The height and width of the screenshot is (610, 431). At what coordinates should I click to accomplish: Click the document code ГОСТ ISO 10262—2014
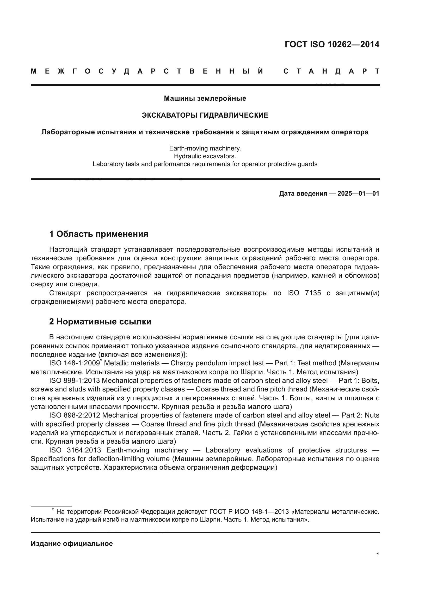[x=332, y=44]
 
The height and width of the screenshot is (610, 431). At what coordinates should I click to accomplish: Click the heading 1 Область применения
[x=98, y=234]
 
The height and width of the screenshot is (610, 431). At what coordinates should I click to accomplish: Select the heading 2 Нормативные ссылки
[x=100, y=322]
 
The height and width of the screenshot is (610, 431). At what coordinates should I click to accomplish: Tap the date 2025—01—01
[x=358, y=194]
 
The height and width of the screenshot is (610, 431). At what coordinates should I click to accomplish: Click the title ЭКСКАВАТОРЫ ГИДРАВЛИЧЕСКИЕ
[x=205, y=115]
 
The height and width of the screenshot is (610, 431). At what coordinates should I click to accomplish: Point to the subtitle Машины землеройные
[x=205, y=99]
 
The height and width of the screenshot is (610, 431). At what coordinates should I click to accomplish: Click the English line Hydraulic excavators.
[x=205, y=156]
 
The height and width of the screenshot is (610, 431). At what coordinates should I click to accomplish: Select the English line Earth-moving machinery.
[x=205, y=148]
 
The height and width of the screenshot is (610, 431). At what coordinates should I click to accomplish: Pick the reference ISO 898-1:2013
[x=74, y=381]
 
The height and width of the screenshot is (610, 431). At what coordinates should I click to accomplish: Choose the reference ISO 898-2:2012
[x=74, y=415]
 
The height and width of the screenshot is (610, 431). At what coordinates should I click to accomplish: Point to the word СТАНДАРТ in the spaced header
[x=331, y=71]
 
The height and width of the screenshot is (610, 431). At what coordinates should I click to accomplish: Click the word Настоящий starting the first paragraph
[x=68, y=250]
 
